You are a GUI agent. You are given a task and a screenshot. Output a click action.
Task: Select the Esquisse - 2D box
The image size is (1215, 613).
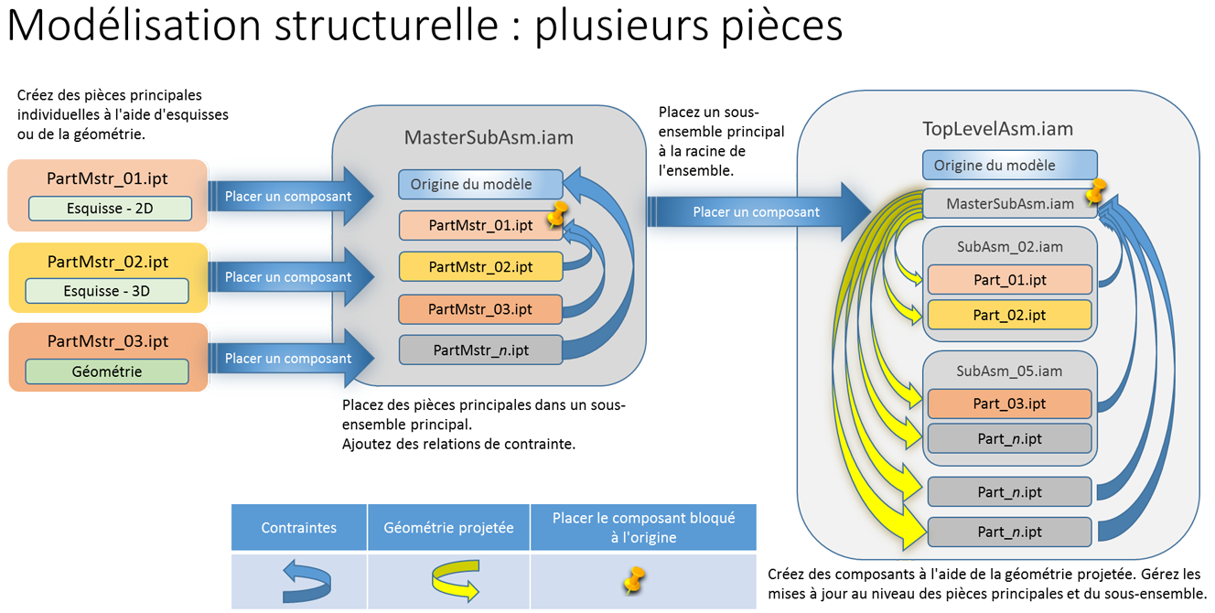[110, 209]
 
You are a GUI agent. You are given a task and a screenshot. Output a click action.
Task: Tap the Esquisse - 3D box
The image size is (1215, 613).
[108, 291]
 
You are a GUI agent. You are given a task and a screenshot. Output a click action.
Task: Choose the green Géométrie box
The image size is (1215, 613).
[107, 371]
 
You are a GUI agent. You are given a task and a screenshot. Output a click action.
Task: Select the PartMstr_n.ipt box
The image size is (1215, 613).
[480, 350]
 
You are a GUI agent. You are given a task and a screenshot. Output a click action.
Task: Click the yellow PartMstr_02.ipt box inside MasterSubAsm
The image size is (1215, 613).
[480, 267]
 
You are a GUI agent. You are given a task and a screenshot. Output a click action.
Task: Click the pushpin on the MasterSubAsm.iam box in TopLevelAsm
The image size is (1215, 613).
[1095, 191]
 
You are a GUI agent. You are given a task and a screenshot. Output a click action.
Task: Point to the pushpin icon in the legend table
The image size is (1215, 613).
[633, 580]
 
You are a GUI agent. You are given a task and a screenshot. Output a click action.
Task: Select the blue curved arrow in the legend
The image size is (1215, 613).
[307, 582]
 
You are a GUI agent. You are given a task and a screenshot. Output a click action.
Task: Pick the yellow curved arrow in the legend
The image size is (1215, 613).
[456, 582]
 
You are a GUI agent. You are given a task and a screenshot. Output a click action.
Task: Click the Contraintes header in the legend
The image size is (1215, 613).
[298, 528]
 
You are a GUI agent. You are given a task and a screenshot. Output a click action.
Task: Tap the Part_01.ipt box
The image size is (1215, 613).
[1009, 280]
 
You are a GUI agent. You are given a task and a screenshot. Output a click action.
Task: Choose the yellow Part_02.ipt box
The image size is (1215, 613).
[1009, 315]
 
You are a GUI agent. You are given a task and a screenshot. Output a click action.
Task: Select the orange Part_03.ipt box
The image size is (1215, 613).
[1009, 403]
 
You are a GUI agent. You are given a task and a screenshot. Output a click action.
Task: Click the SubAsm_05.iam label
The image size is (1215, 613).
[1009, 371]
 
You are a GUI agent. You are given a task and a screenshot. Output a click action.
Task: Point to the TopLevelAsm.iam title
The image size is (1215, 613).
[997, 129]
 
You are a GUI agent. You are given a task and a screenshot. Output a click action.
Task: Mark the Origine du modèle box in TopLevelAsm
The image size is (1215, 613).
[1008, 166]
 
